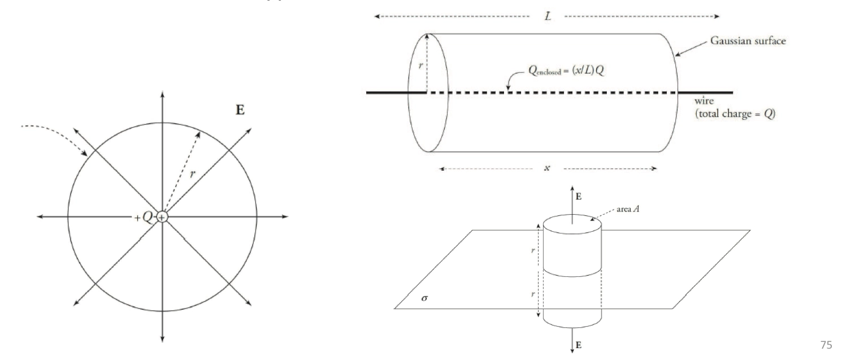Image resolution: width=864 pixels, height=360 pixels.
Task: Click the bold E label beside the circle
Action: (x=240, y=111)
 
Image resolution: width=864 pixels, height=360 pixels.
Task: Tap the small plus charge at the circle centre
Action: (x=162, y=217)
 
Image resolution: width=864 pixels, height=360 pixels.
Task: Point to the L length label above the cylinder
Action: (x=548, y=16)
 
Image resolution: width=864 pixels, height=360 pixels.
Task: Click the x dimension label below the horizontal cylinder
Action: (x=547, y=168)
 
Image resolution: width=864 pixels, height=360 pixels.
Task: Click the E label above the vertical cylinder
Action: (x=578, y=197)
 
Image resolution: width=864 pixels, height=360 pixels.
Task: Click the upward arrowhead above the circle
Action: (x=162, y=94)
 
